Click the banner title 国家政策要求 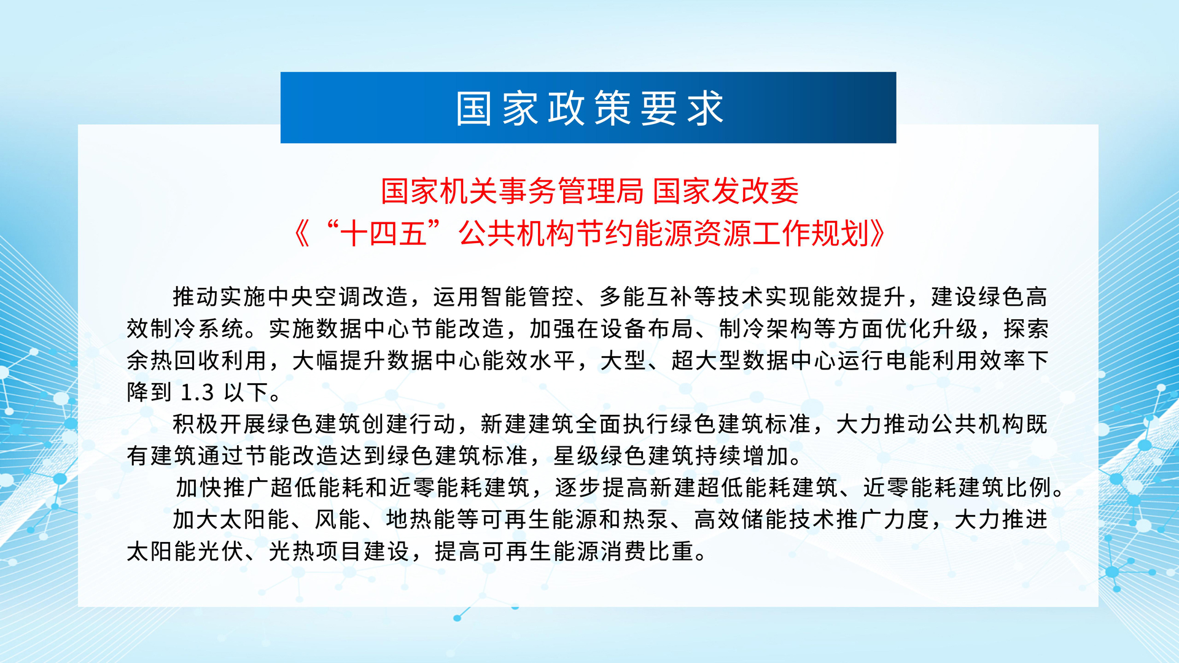pos(589,109)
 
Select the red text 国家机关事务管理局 pos(512,191)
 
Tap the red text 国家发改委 pos(726,191)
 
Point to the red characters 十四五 pos(384,233)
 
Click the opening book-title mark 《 pos(302,233)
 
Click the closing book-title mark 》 pos(877,233)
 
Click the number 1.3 pos(197,392)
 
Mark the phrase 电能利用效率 pos(956,361)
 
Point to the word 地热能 pos(421,520)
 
